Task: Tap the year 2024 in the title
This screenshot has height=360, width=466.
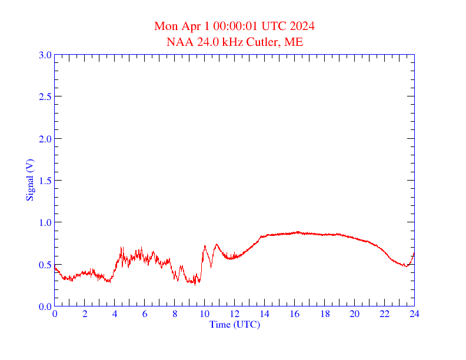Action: point(302,26)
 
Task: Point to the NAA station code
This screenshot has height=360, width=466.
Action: point(179,42)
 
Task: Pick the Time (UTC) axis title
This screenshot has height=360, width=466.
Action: point(234,324)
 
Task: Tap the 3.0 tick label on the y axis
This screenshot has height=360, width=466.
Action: point(45,55)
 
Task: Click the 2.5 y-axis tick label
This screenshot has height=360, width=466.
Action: point(45,96)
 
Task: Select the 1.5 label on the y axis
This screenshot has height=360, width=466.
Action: point(45,181)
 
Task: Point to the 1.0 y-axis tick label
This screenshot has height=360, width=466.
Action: point(45,222)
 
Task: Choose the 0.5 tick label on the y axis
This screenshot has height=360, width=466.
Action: point(45,265)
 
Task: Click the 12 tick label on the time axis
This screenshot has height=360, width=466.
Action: point(235,314)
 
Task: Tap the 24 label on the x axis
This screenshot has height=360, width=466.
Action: point(414,314)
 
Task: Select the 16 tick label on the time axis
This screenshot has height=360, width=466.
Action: point(295,314)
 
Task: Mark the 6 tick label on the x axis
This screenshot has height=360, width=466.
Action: point(145,314)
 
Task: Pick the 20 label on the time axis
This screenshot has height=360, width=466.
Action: point(354,314)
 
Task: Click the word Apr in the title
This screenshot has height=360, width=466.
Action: point(192,26)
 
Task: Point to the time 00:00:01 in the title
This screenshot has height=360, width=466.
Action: point(237,26)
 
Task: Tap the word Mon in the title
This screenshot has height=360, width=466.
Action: point(166,26)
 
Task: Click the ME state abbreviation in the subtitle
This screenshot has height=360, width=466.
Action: point(294,42)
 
